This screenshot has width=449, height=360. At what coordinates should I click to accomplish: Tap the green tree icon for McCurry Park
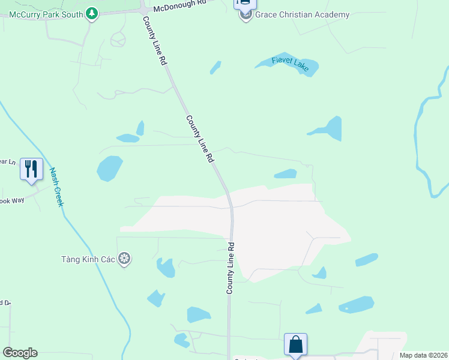point(91,13)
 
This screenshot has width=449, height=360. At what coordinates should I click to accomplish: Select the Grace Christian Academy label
point(302,14)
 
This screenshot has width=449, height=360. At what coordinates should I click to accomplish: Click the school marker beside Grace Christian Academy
point(246,14)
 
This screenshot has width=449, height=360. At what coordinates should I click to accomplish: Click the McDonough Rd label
point(179,6)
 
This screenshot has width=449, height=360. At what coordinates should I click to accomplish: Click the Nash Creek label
point(56,187)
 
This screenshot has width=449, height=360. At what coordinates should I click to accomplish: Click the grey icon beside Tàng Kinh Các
point(124,259)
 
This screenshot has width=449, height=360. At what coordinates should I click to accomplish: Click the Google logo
point(20,353)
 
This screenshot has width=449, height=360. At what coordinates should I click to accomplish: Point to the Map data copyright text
point(423,355)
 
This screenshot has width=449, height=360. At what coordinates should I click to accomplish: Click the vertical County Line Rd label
point(230,268)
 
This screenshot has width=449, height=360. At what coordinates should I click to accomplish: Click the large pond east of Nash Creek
point(109,168)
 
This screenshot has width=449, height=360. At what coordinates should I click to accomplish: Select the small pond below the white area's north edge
point(286,174)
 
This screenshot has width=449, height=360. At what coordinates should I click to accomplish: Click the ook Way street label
point(12,200)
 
